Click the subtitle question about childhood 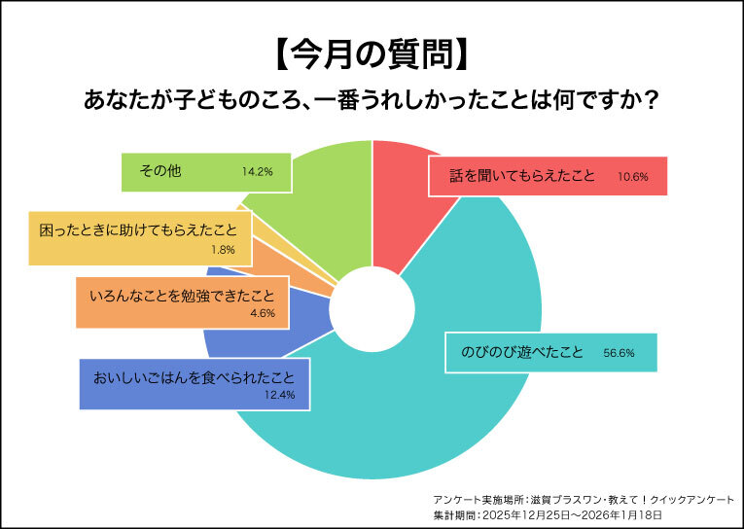(372, 101)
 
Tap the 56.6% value (619, 353)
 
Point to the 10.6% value (632, 178)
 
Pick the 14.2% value (257, 172)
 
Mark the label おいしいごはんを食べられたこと (194, 374)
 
